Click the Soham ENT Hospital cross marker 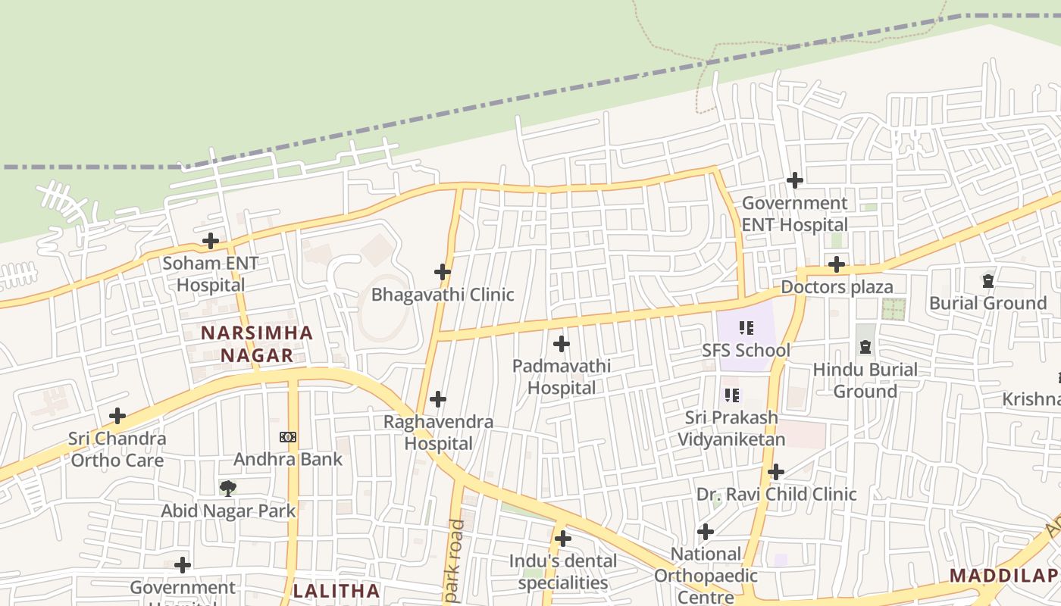click(211, 242)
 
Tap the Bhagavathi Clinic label click(443, 295)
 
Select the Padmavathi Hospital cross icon click(562, 345)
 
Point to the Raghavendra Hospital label click(438, 433)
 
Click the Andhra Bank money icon click(288, 437)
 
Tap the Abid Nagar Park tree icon click(227, 488)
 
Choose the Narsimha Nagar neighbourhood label click(256, 344)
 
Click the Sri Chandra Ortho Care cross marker click(117, 416)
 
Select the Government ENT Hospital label click(794, 214)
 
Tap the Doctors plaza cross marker click(837, 264)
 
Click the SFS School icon click(746, 328)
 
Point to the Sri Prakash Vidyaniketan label click(731, 428)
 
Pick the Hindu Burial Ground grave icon click(865, 347)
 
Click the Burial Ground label click(987, 303)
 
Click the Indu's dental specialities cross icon click(562, 539)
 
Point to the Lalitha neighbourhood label click(336, 591)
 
